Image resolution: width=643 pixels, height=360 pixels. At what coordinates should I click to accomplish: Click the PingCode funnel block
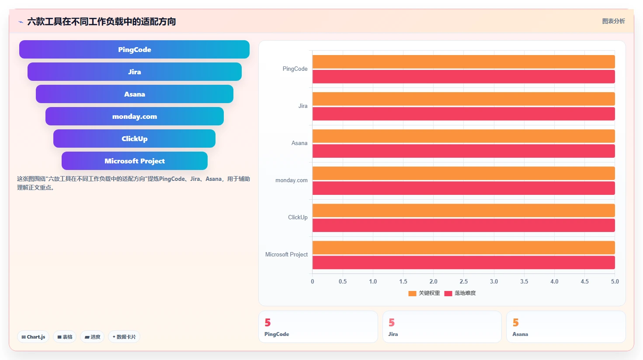pos(134,49)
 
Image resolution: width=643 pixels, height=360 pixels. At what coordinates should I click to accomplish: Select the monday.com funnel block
pos(134,116)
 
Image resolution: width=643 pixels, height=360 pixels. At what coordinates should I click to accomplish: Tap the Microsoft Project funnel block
pos(134,161)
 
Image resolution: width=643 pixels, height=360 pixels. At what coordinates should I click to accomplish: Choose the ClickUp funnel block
pos(134,138)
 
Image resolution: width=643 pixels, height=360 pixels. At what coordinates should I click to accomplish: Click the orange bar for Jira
pos(464,99)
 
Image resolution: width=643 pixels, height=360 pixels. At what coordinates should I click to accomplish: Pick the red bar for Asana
pos(464,151)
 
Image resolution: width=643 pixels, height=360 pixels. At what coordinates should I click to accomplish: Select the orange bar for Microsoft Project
pos(464,248)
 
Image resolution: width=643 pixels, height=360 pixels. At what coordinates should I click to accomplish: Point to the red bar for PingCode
pos(464,76)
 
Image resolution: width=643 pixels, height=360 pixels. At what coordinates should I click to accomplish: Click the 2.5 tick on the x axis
pos(464,281)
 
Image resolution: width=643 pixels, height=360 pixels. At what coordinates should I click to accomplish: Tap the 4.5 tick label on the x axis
pos(585,281)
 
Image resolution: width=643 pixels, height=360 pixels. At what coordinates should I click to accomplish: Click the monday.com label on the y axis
pos(292,180)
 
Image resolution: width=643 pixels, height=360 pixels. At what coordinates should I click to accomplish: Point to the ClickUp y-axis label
pos(298,217)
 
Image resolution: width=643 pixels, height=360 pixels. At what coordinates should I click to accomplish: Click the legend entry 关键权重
pos(424,293)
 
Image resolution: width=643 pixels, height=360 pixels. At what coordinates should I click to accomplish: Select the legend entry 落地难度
pos(460,293)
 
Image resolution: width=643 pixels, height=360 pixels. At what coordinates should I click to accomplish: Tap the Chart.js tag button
pos(33,337)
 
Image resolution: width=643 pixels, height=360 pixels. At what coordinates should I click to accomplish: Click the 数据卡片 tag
pos(124,337)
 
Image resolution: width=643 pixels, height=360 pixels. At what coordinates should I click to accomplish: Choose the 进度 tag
pos(92,337)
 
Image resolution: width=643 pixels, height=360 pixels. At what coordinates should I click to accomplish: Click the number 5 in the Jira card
pos(392,322)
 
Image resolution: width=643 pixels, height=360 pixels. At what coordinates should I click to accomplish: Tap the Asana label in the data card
pos(520,334)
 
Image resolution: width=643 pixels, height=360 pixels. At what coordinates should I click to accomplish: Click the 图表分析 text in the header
pos(613,21)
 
